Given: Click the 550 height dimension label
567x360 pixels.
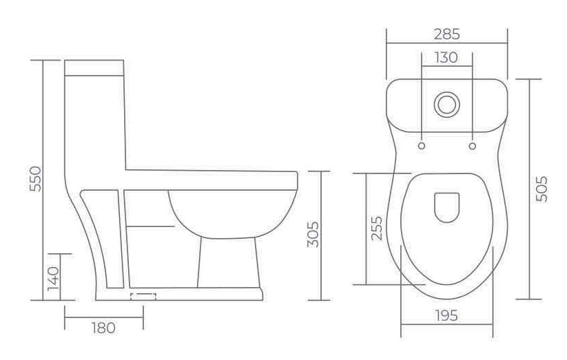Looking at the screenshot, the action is click(x=35, y=179).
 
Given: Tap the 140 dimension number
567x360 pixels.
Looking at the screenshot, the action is click(x=53, y=279).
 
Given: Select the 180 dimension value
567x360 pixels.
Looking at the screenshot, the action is click(x=103, y=328).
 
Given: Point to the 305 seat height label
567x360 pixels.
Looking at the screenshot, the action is click(x=313, y=234).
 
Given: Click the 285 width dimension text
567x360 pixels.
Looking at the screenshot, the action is click(x=447, y=34).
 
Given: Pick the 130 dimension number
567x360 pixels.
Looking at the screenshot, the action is click(x=446, y=57).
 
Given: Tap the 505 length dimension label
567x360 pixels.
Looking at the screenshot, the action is click(x=542, y=189).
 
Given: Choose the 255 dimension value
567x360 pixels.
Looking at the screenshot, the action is click(x=376, y=229).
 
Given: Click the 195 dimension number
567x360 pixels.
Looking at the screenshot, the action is click(x=446, y=315).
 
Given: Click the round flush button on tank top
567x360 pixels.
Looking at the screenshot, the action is click(x=447, y=105).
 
